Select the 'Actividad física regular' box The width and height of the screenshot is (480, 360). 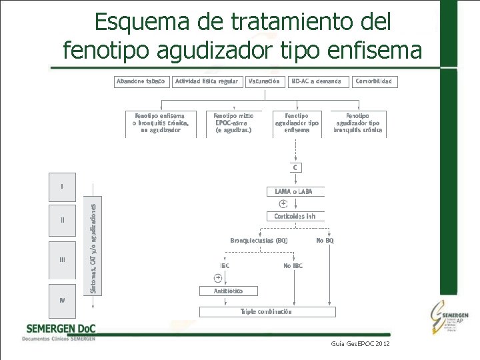[206, 81]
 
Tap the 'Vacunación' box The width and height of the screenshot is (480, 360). [263, 81]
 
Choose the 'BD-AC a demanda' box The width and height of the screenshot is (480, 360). [316, 81]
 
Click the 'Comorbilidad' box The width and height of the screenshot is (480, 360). [374, 81]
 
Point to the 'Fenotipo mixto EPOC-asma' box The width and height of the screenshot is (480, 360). [233, 123]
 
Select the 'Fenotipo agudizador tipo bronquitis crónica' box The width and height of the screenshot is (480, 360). [358, 123]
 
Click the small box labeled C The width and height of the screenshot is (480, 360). [295, 167]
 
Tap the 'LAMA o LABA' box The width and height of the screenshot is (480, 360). [293, 191]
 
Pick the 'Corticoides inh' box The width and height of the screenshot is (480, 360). [295, 216]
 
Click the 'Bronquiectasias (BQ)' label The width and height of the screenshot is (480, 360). [259, 240]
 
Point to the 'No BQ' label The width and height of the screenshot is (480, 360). [325, 240]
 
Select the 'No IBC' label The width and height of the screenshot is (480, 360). [293, 265]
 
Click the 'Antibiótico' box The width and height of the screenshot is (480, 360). [228, 291]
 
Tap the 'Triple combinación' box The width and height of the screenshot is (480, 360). [266, 311]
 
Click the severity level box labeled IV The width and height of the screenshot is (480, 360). [62, 300]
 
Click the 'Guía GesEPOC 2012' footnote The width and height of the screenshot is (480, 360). [360, 343]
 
